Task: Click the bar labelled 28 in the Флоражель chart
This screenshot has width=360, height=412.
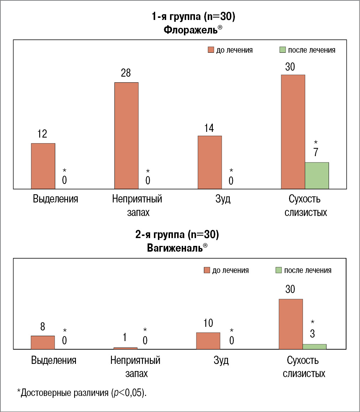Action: pyautogui.click(x=126, y=135)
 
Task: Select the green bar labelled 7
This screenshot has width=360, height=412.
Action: pyautogui.click(x=317, y=175)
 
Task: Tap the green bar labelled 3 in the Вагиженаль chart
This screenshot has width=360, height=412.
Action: pyautogui.click(x=314, y=346)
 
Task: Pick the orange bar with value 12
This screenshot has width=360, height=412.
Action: pyautogui.click(x=43, y=166)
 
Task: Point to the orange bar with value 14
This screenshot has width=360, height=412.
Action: pyautogui.click(x=210, y=162)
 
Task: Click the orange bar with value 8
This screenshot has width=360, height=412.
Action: pyautogui.click(x=43, y=342)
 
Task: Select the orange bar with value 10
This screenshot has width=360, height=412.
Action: pyautogui.click(x=208, y=341)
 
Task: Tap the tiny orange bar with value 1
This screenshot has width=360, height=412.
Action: pyautogui.click(x=125, y=348)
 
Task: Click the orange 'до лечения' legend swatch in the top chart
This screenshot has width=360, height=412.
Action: pyautogui.click(x=210, y=50)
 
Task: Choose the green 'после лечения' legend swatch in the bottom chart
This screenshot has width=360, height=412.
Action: pyautogui.click(x=278, y=271)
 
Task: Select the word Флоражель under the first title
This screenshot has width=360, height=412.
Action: pyautogui.click(x=190, y=30)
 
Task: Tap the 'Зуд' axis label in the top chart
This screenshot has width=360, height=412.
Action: pyautogui.click(x=223, y=199)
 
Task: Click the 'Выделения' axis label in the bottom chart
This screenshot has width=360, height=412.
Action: pyautogui.click(x=54, y=360)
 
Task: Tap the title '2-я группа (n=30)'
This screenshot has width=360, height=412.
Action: pyautogui.click(x=177, y=235)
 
